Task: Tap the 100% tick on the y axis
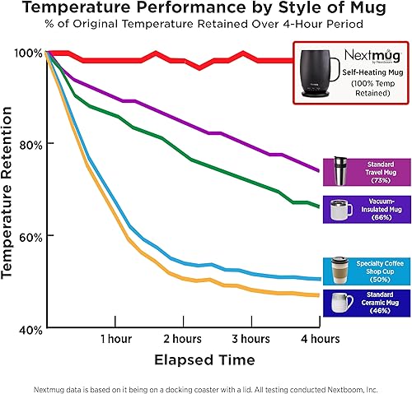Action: (29, 53)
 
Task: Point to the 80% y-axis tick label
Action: (30, 144)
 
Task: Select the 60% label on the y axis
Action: (30, 236)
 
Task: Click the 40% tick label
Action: (30, 329)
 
